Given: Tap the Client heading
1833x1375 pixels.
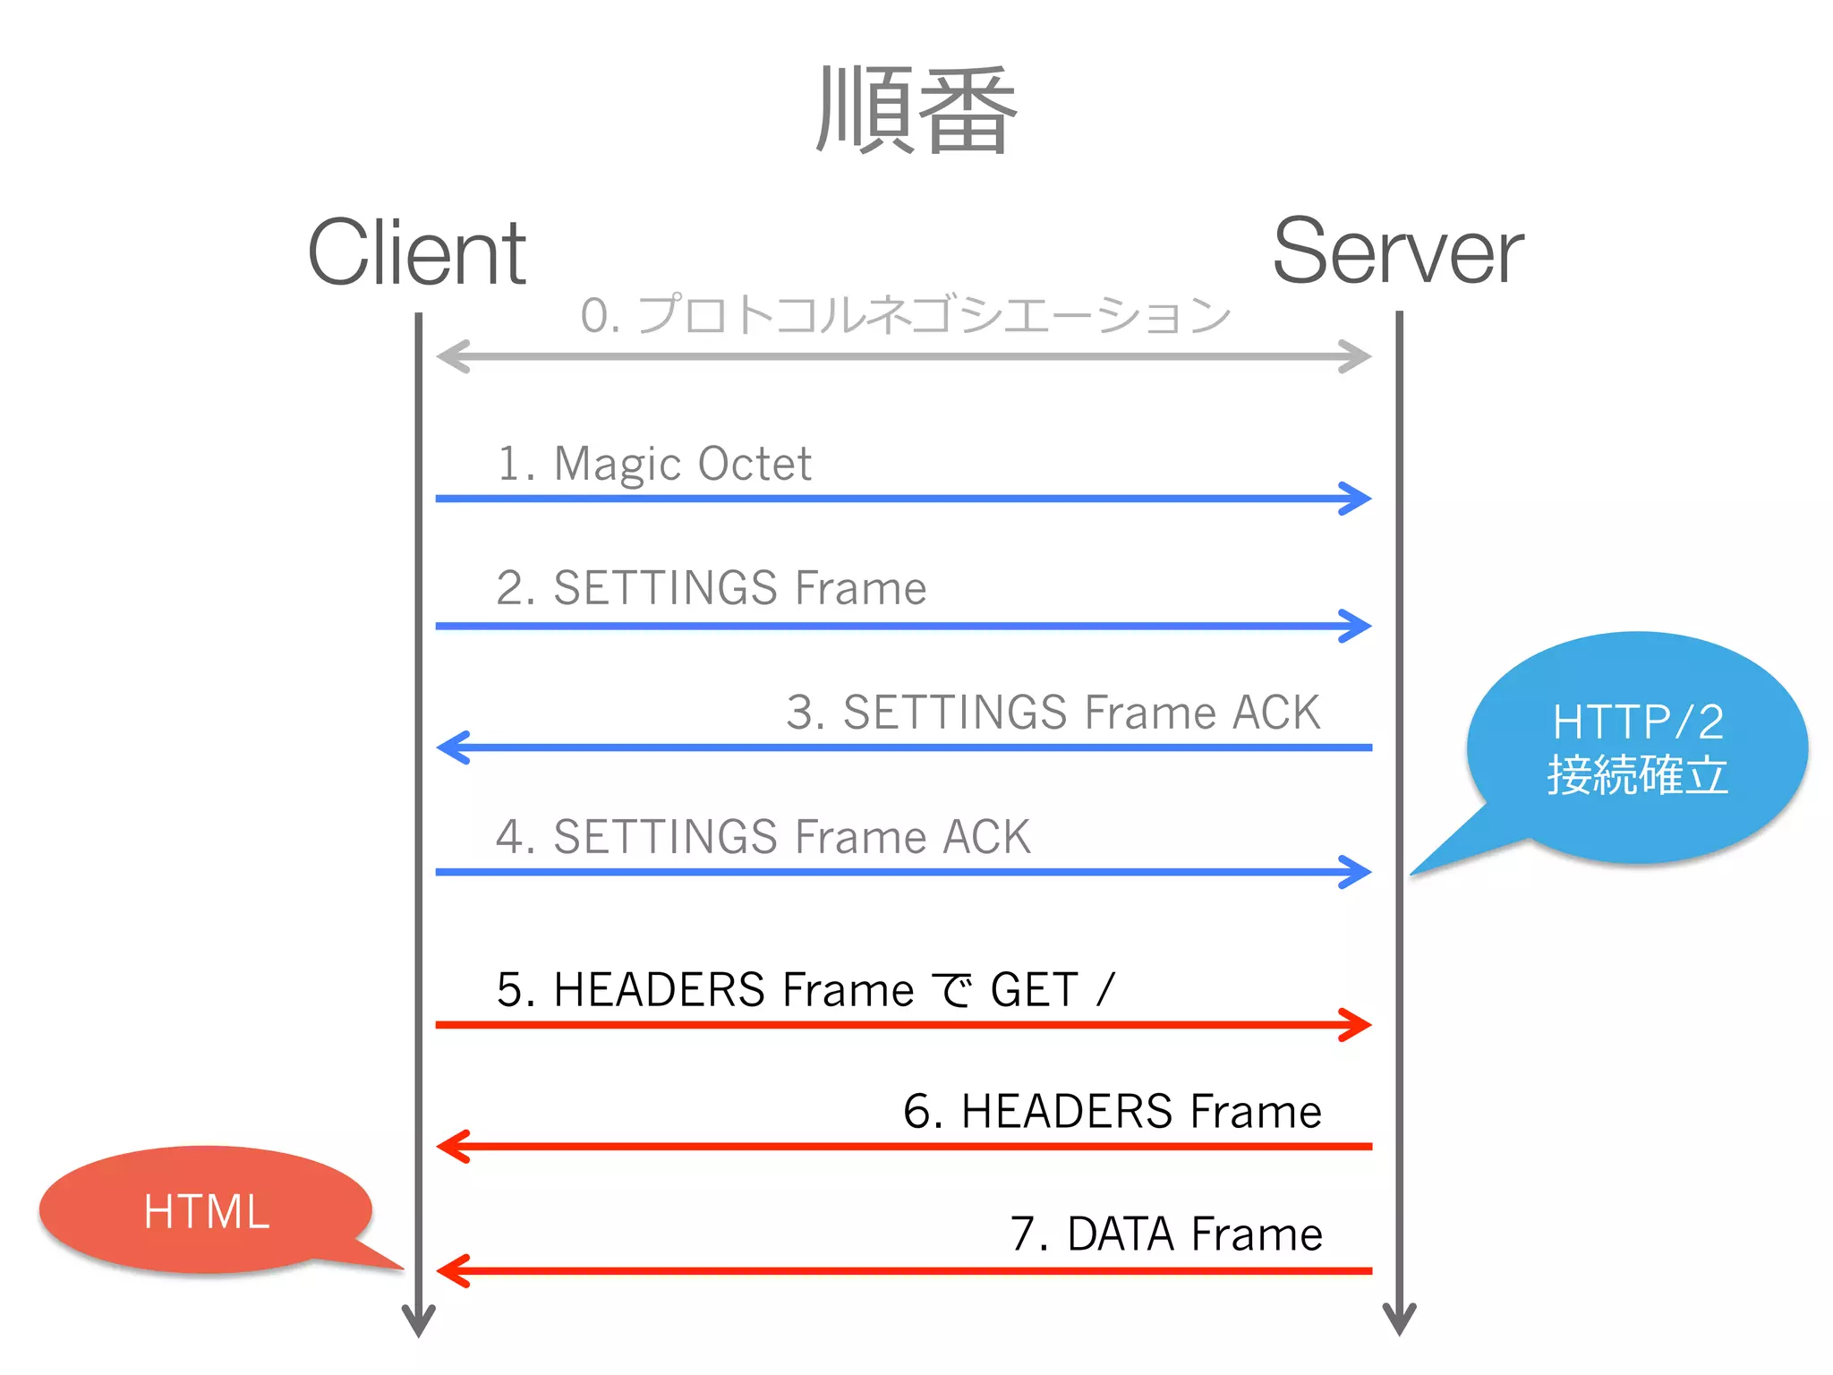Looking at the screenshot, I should point(416,253).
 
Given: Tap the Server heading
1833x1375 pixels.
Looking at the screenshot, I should point(1397,253).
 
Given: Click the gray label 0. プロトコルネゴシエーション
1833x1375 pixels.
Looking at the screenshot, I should point(905,315).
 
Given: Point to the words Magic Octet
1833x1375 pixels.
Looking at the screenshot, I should point(682,464).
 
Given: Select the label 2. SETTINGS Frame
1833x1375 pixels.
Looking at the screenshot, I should point(711,588).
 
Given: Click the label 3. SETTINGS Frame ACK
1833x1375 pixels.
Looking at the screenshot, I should point(1053,713).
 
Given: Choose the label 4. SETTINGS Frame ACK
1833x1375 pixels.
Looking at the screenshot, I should point(763,837).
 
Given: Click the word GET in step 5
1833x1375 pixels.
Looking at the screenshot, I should point(1034,990).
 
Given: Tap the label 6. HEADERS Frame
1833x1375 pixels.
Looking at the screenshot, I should point(1112,1112).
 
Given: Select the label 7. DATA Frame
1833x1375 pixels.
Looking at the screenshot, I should point(1165,1234).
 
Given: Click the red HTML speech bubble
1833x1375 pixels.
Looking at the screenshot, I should point(206,1210).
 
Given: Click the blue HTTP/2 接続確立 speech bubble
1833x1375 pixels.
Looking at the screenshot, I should point(1637,748).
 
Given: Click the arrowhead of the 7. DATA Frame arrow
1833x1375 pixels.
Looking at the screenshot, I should point(451,1270).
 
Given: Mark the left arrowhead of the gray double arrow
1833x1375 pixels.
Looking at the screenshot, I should point(451,356).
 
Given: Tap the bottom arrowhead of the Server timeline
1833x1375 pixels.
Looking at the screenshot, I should point(1399,1321).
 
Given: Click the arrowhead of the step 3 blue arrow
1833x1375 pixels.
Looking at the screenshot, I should point(451,747).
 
